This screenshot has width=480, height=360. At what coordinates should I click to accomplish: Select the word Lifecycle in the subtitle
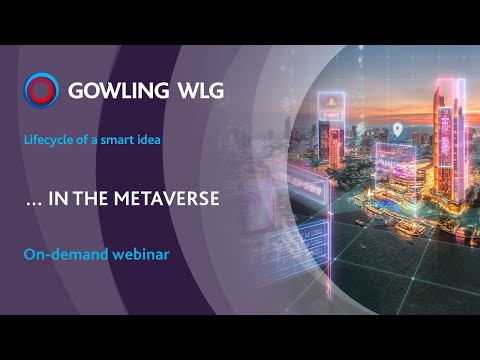[x=50, y=140]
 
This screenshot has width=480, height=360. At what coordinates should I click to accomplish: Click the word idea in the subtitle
[x=149, y=140]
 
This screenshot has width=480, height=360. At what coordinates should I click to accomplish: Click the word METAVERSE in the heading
[x=171, y=198]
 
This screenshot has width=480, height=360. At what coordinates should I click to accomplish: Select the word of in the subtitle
[x=84, y=140]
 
